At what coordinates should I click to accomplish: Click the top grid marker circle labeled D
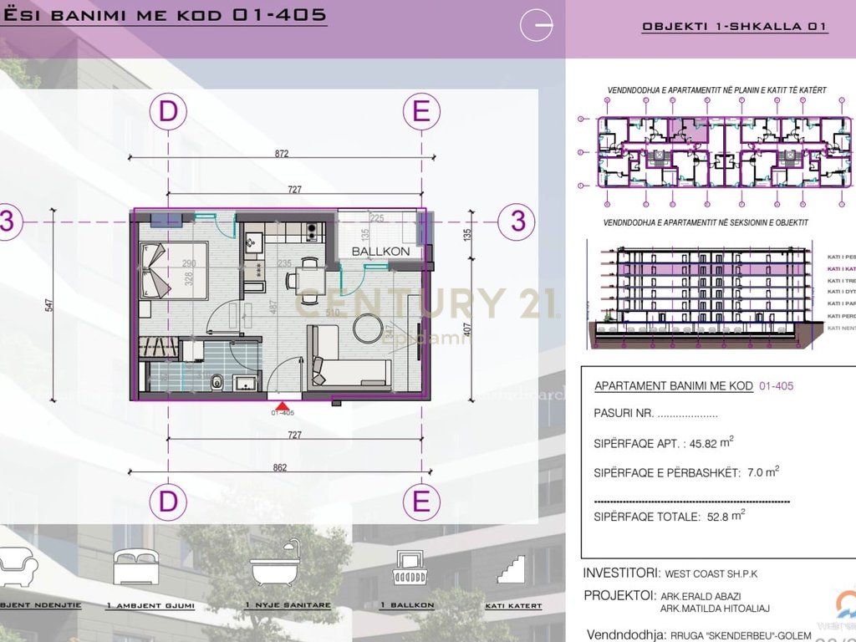click(169, 112)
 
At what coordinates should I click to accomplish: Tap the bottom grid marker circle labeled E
click(421, 502)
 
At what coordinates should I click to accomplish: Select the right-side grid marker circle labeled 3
click(517, 222)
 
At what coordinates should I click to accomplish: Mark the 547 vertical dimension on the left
click(48, 307)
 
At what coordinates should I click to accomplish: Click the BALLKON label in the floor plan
click(380, 251)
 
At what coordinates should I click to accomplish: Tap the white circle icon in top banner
click(537, 26)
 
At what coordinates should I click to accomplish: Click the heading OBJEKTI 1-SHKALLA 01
click(734, 27)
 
